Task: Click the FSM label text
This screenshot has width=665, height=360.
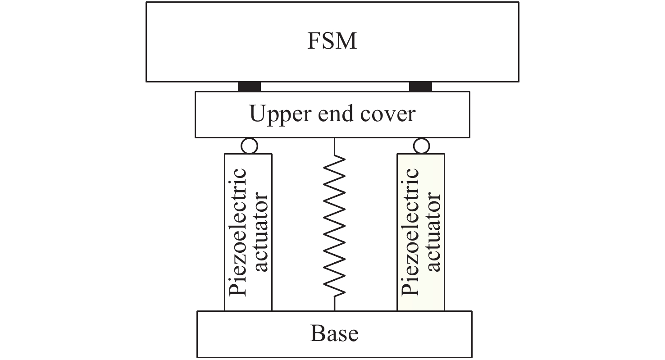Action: tap(332, 41)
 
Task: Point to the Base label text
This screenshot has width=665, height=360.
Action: tap(334, 334)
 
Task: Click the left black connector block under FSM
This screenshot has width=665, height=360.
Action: tap(249, 87)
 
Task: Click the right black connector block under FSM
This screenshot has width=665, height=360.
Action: tap(421, 87)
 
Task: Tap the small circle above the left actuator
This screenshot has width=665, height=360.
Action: tap(250, 146)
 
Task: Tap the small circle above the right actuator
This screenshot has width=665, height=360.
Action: tap(421, 146)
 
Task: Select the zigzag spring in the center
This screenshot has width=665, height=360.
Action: tap(334, 225)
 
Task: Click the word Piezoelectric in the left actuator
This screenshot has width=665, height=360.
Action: tap(238, 232)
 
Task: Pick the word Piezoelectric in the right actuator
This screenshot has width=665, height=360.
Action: tap(410, 232)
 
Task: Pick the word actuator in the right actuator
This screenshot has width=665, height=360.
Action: tap(433, 232)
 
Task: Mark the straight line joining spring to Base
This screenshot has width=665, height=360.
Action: tap(334, 304)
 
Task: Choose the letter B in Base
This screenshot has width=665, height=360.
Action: tap(317, 334)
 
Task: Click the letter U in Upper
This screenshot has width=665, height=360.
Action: tap(257, 114)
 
